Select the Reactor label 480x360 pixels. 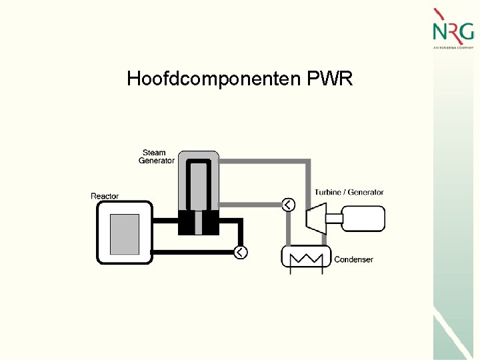[105, 196]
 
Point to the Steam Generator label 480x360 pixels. [156, 157]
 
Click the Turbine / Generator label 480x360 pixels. [349, 193]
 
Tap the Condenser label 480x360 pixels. [353, 259]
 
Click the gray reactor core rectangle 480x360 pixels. [124, 234]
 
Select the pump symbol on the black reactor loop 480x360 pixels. [240, 252]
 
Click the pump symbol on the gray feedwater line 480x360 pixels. [287, 205]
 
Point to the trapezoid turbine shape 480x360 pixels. [315, 218]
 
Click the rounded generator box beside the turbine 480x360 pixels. [363, 218]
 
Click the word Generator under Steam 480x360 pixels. [156, 161]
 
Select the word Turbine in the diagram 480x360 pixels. [328, 193]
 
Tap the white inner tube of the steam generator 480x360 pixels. [198, 186]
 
